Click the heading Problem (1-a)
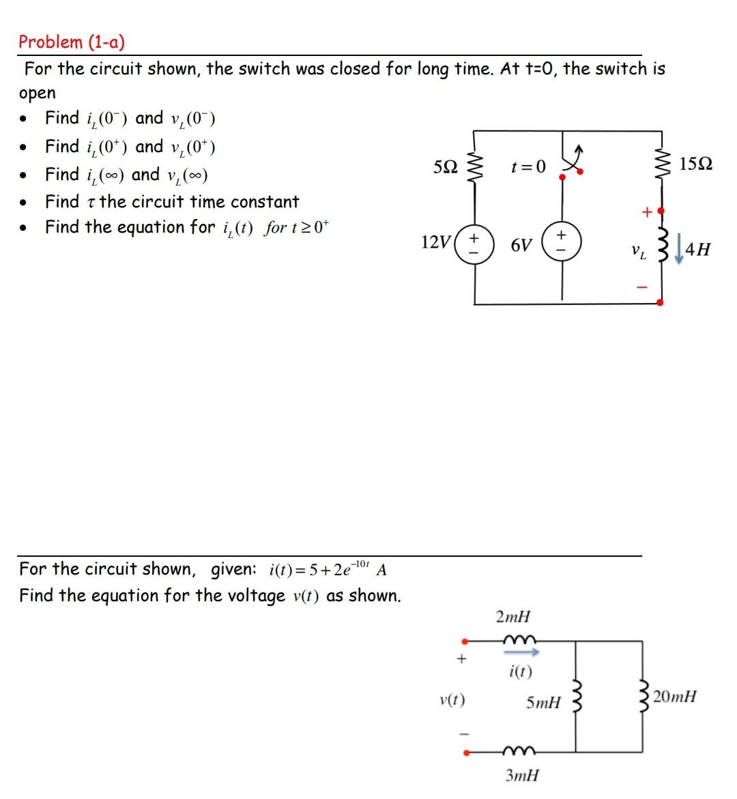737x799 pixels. pos(72,42)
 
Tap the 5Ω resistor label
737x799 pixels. pos(446,166)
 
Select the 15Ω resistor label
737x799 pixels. pos(697,164)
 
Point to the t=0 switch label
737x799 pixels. pos(528,166)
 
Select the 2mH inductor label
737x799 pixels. pos(512,618)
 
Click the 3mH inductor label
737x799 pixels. pos(522,775)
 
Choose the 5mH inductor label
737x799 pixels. pos(544,702)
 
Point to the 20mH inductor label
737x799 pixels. pos(675,697)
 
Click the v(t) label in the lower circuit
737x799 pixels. pos(452,699)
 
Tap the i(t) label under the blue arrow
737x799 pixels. pos(521,671)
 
